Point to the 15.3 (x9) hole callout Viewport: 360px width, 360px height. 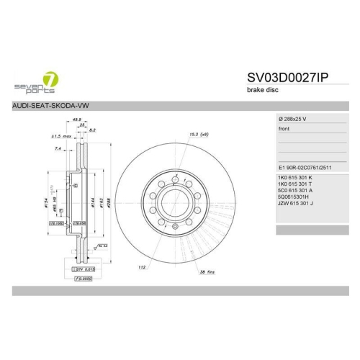click(x=199, y=134)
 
